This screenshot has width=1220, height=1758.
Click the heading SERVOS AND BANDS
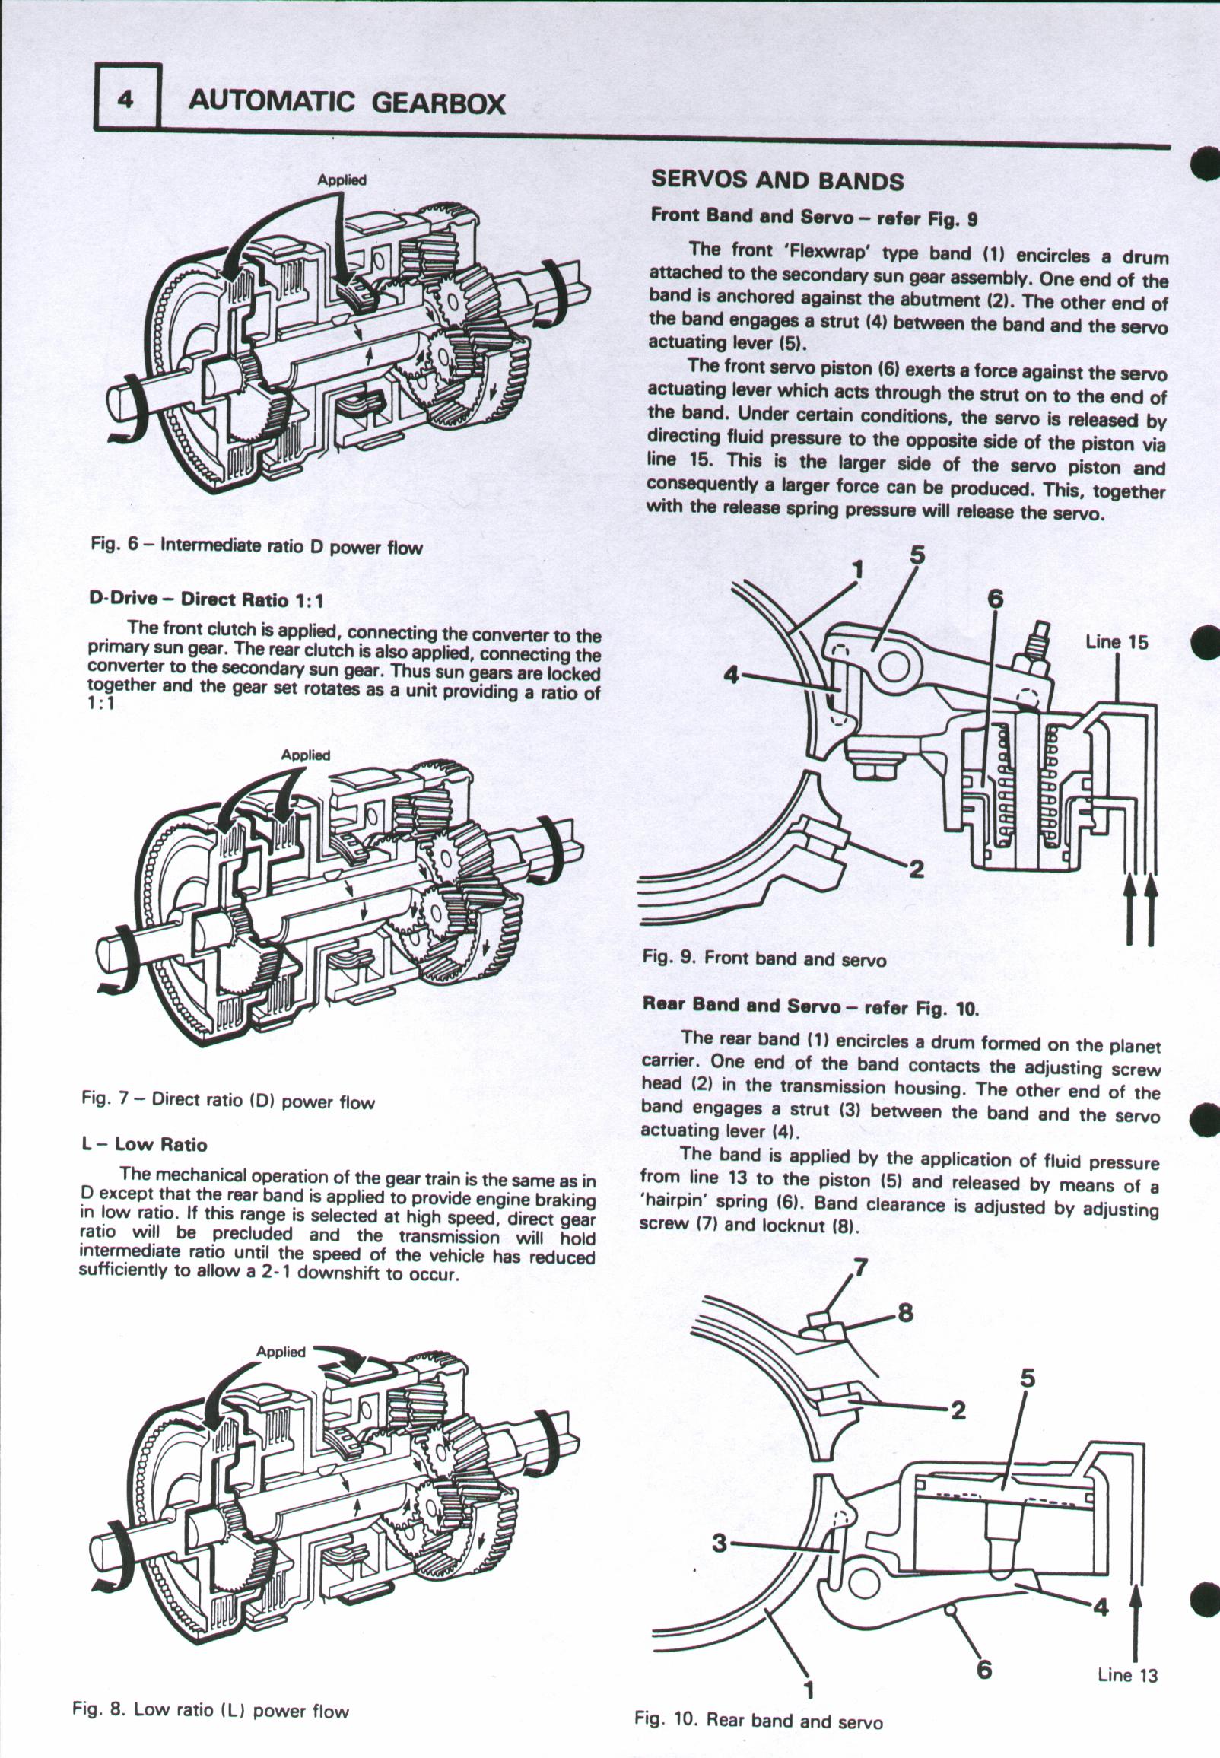pos(777,180)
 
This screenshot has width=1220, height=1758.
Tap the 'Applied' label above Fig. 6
pos(342,180)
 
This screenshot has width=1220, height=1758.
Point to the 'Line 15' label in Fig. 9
pos(1117,642)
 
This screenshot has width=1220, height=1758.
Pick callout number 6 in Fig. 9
pos(995,601)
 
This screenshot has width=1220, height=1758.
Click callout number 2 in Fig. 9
pos(916,869)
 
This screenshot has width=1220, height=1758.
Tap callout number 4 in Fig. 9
pos(732,676)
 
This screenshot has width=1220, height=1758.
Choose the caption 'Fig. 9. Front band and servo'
pos(764,958)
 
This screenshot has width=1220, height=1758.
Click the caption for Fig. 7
pos(227,1102)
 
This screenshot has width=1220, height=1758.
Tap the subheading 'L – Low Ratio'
pos(144,1144)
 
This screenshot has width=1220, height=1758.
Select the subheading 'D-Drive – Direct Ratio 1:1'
pos(206,600)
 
